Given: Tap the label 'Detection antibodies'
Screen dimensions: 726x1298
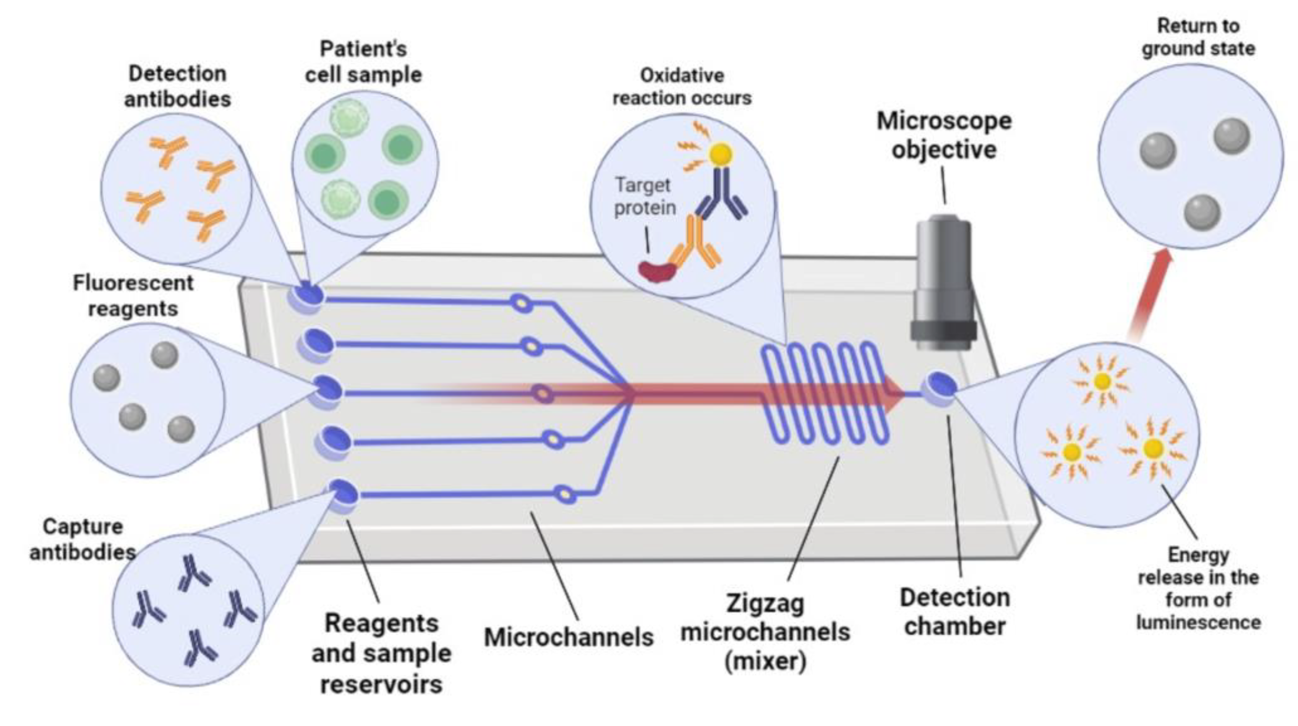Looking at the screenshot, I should point(178,86).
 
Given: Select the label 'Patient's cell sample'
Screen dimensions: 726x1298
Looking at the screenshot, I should point(363,62).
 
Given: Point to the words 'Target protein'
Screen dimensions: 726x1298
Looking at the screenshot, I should point(644,196).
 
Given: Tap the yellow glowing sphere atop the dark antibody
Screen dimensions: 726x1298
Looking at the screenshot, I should point(721,154).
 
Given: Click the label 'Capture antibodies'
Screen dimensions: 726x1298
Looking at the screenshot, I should point(83,539).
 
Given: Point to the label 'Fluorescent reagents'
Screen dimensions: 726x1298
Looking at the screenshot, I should point(133,296).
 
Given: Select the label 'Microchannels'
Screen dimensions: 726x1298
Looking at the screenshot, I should point(568,637).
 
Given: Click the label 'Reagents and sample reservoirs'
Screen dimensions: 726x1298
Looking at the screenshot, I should point(381,653).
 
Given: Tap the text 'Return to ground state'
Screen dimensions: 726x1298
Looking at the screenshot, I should point(1198,37).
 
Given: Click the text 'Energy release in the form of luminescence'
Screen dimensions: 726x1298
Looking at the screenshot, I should point(1198,588).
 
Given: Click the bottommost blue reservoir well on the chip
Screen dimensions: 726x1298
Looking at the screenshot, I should point(344,495).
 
